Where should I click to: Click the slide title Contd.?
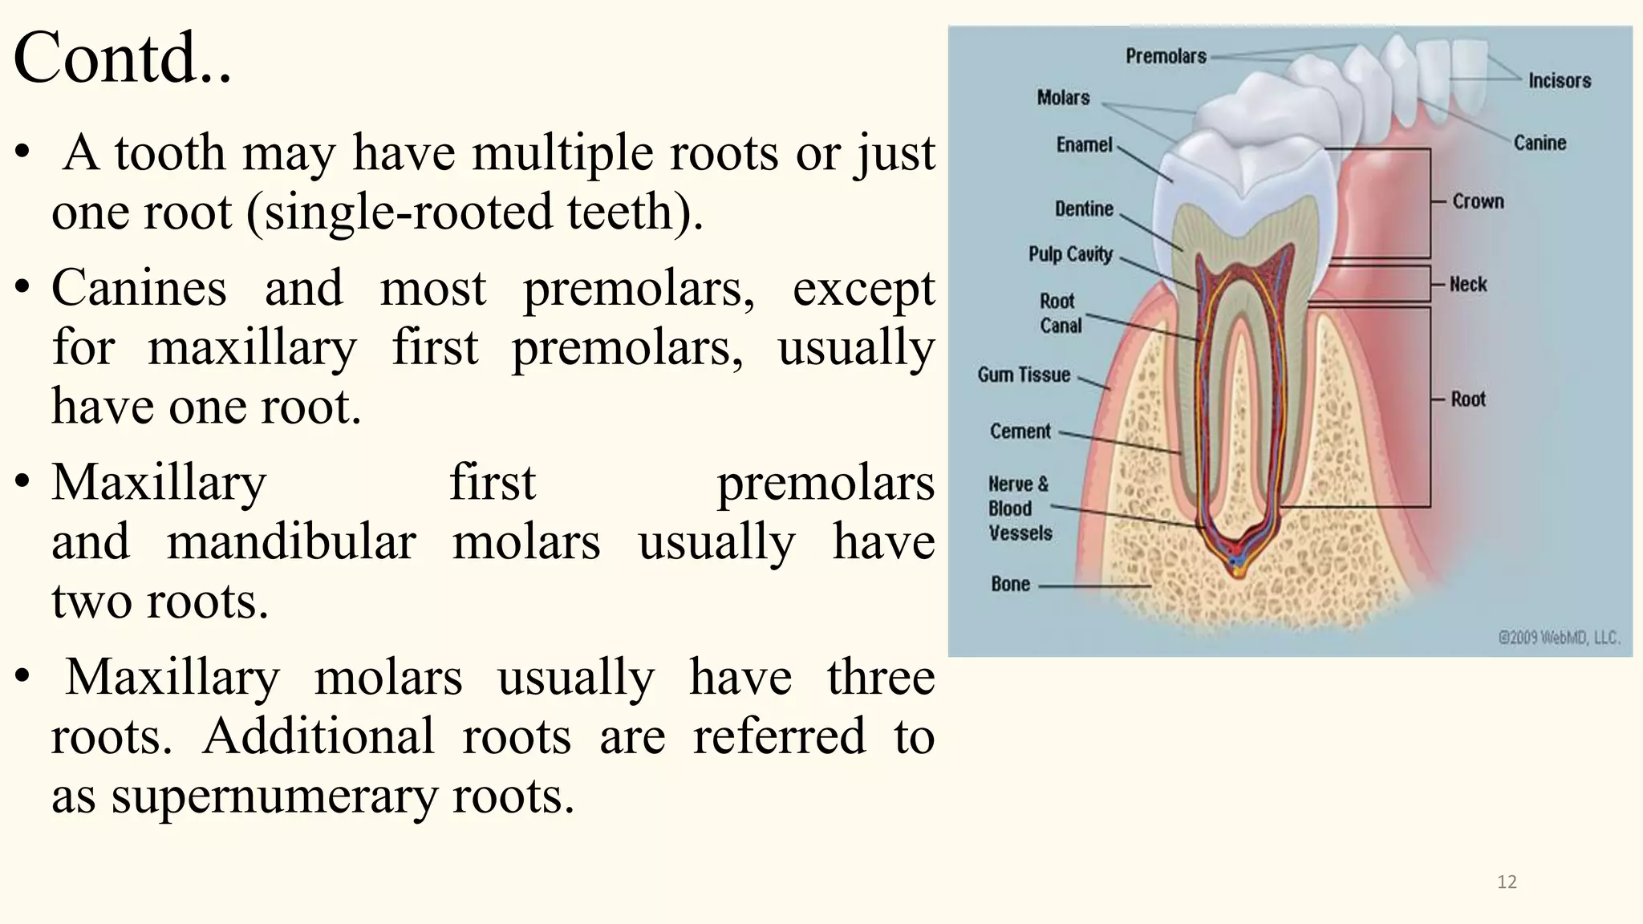click(x=122, y=58)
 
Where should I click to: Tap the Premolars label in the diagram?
click(x=1166, y=56)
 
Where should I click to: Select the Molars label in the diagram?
click(x=1063, y=98)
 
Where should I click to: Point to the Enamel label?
click(x=1084, y=145)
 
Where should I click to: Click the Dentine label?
click(x=1084, y=209)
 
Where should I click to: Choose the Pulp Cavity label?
click(x=1070, y=254)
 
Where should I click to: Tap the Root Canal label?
click(x=1060, y=314)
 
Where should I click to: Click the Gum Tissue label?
click(x=1024, y=375)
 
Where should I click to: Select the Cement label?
click(x=1020, y=432)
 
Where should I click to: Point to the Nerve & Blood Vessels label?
click(x=1019, y=509)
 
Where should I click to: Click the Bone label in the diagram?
click(x=1010, y=584)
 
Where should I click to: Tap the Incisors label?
click(x=1559, y=80)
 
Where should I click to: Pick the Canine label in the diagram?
click(x=1540, y=143)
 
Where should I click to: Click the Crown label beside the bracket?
click(x=1478, y=201)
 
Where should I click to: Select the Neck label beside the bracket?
click(x=1468, y=284)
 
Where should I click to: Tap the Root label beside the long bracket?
click(x=1468, y=399)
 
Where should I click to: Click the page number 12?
click(x=1507, y=882)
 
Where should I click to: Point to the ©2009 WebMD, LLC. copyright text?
click(x=1559, y=638)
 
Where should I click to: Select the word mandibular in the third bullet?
click(x=291, y=541)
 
